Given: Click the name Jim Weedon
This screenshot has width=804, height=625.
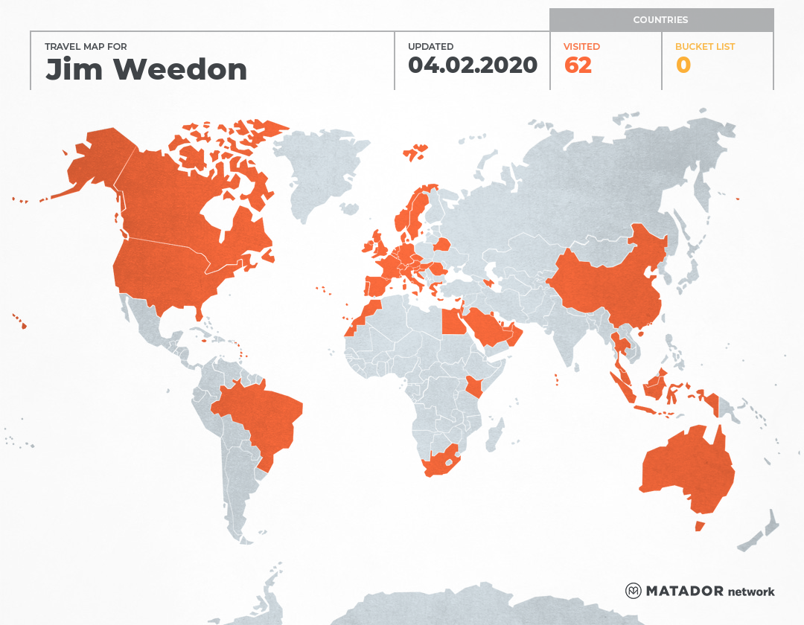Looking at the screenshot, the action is pos(146,70).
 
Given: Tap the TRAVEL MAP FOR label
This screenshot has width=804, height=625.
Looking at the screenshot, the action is pos(86,47).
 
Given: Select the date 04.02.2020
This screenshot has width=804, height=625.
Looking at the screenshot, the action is pos(473,65).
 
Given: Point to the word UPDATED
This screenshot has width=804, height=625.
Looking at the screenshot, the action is pos(430,47).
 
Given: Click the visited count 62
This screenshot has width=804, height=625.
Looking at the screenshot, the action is pos(578,65).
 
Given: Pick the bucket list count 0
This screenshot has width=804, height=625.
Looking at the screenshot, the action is pos(683,65).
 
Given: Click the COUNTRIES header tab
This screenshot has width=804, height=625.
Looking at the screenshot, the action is pos(660,20).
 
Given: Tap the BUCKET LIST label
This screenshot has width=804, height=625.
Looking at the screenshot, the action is pos(704,47).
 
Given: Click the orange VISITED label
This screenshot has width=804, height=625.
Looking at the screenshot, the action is pos(582,47).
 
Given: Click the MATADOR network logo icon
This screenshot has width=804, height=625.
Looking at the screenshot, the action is pos(633,591).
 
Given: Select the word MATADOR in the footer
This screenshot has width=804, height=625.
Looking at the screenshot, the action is pos(684,591).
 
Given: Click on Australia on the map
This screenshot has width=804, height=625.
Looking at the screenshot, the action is pos(685,469).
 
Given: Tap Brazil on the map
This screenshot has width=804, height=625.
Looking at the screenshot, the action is pos(261,417).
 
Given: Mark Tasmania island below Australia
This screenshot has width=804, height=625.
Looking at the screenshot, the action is pos(699,526).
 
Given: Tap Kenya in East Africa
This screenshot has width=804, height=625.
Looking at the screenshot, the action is pos(474,387).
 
